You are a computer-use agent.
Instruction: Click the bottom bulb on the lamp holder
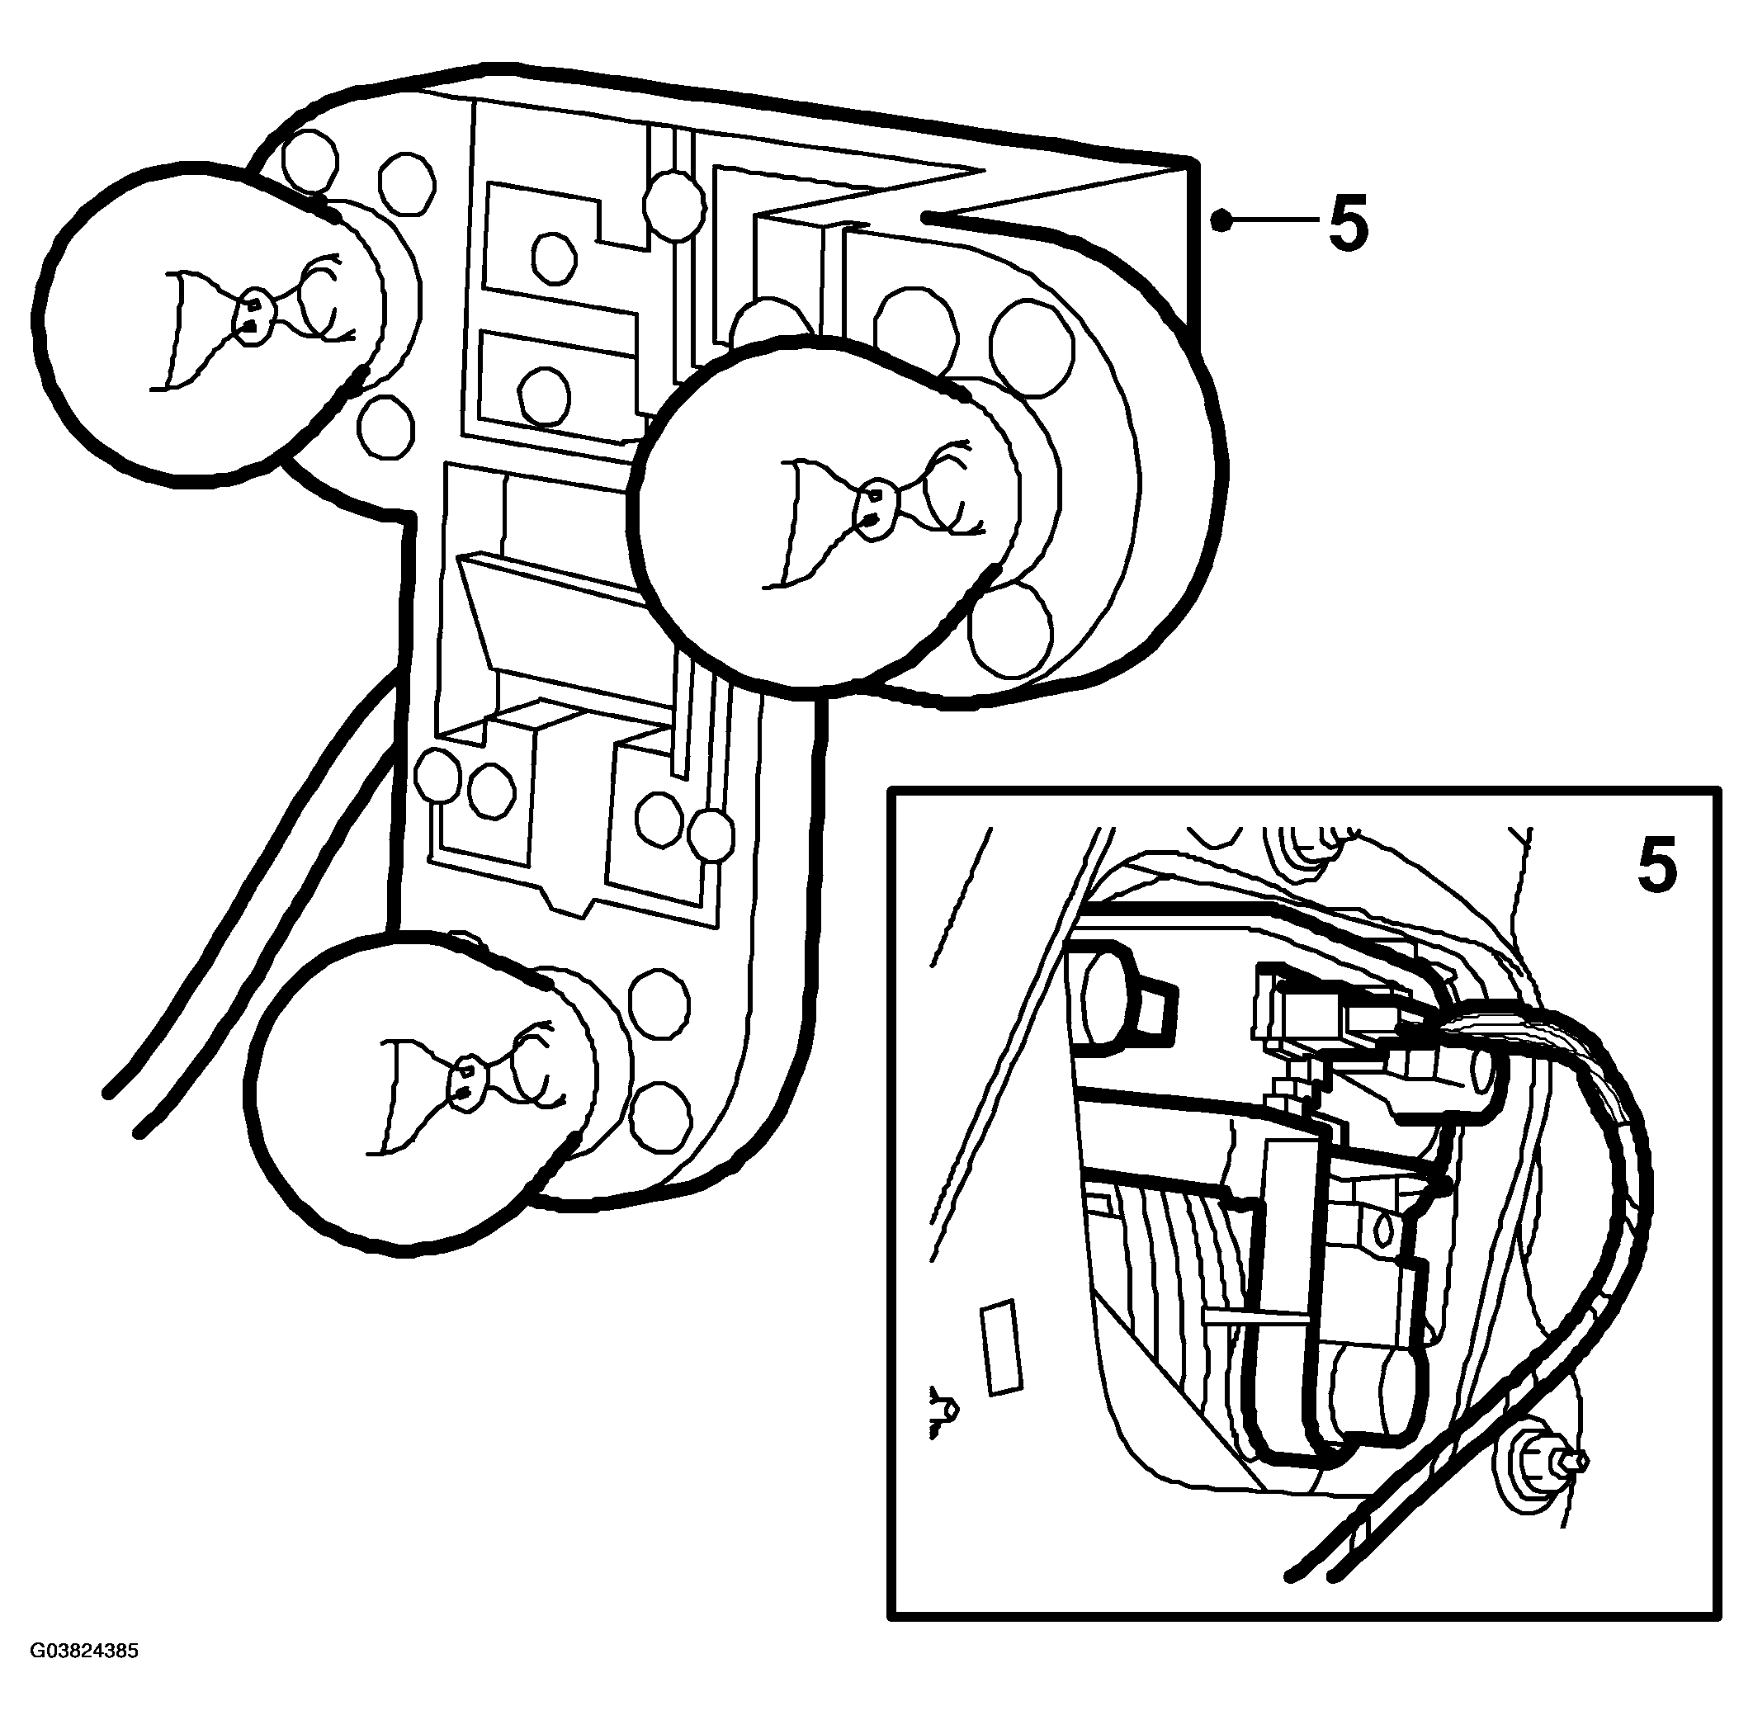coord(424,1093)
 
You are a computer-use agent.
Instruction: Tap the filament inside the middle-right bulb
coord(872,510)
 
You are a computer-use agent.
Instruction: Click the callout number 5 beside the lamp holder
coord(1349,220)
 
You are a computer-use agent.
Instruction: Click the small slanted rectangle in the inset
coord(1002,1347)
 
